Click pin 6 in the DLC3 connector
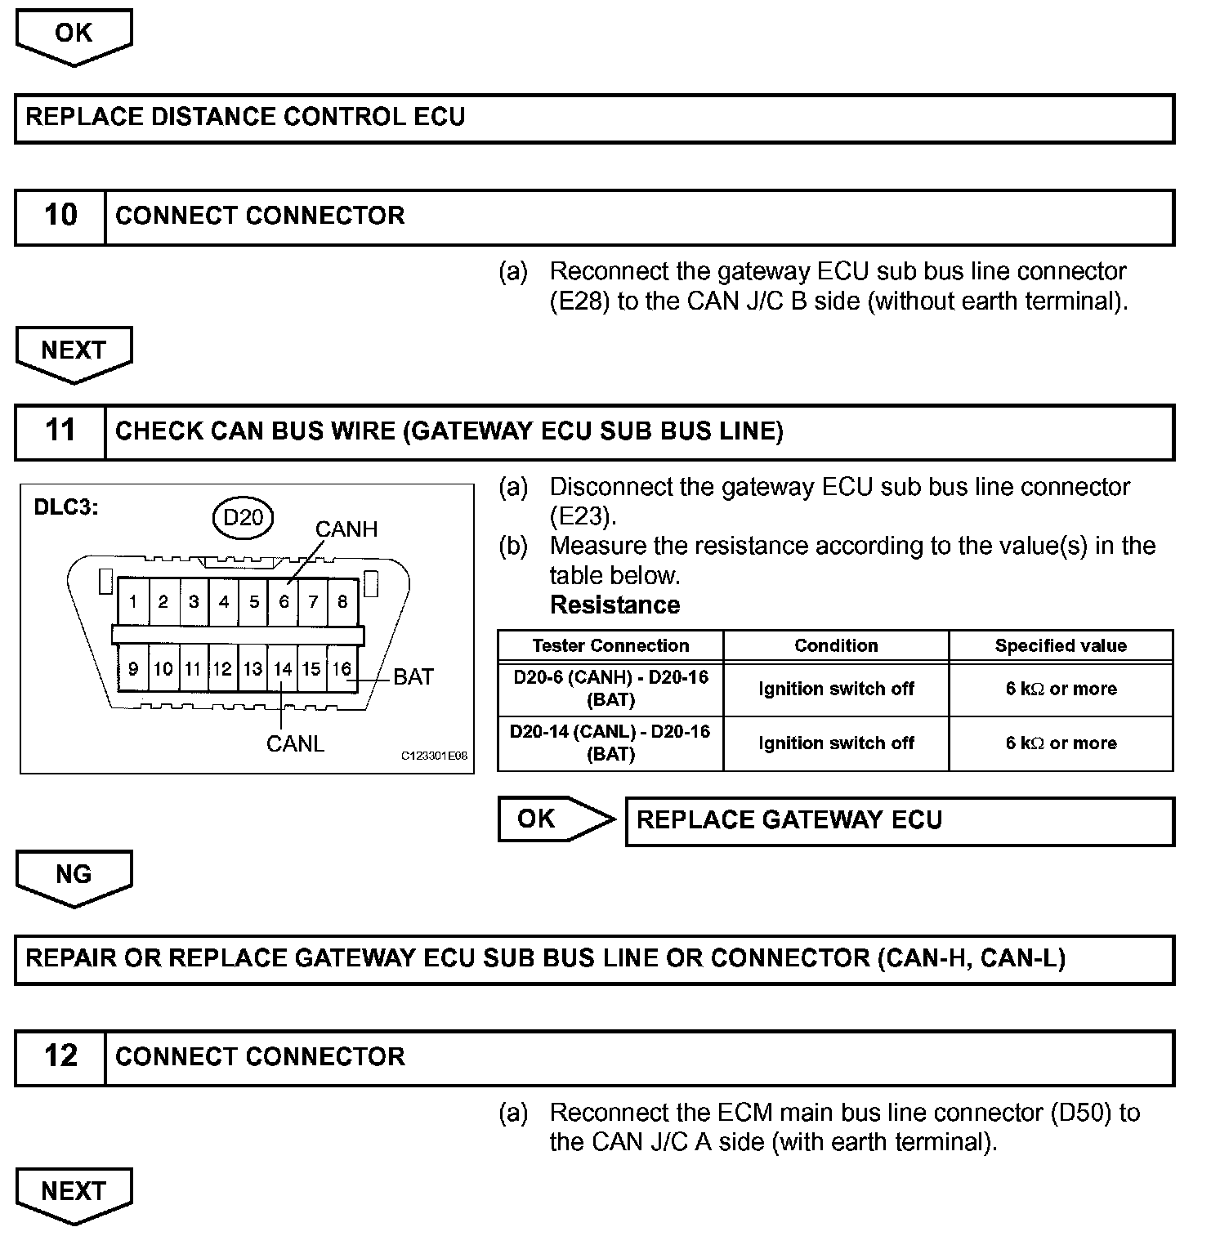(284, 602)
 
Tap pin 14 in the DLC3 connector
(283, 669)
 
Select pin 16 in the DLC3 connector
(342, 669)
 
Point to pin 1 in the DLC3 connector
(133, 602)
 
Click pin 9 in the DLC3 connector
(133, 669)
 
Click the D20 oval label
(243, 517)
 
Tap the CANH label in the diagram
(346, 529)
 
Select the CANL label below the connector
(295, 743)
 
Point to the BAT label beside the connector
(413, 676)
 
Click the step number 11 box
(60, 431)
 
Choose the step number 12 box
(60, 1056)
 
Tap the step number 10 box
(60, 216)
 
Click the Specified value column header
(1061, 645)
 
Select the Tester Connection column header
(610, 645)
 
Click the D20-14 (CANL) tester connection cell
(610, 743)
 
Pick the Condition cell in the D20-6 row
(836, 689)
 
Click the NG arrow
(74, 877)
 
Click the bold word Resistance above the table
(614, 605)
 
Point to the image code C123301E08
(434, 756)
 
